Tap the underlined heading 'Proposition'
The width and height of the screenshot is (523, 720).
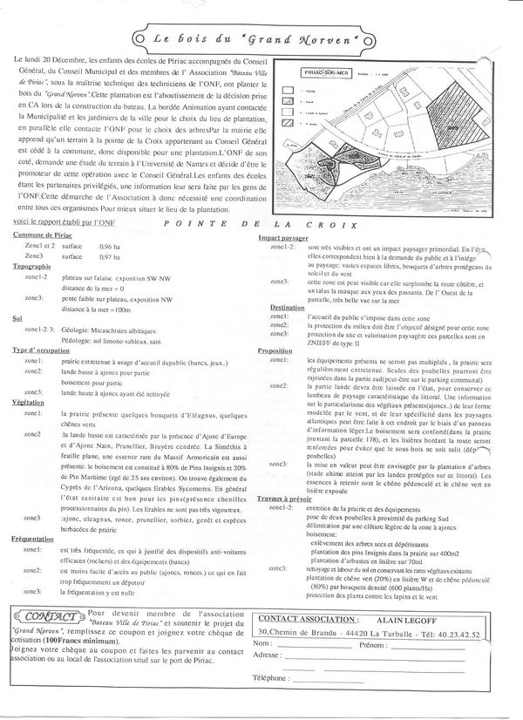[281, 350]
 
